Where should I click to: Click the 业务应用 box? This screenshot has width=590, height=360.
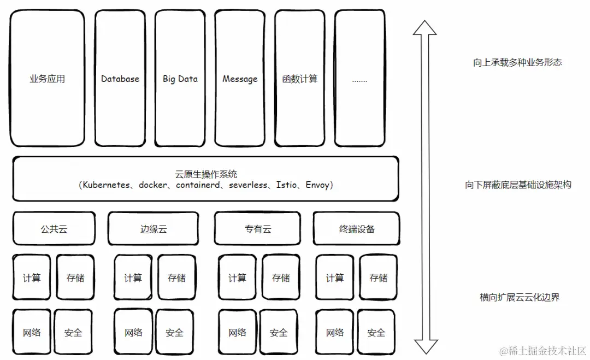48,79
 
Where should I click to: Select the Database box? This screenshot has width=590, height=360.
120,79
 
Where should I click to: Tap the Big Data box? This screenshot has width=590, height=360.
180,79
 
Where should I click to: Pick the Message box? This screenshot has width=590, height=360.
240,79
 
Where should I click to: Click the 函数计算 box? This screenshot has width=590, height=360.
300,79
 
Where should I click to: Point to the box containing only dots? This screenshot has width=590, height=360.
359,79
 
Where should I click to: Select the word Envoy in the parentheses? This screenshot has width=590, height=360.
317,185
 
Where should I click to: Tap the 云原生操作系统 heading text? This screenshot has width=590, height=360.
206,175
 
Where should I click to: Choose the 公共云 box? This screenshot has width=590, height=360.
54,229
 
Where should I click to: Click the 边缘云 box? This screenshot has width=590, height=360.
154,229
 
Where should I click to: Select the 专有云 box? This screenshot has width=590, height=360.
258,229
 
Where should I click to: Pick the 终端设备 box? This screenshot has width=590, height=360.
357,229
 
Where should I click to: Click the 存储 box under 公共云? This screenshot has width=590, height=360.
75,278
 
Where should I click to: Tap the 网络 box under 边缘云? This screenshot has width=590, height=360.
133,332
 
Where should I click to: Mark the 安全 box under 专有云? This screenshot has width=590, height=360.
279,332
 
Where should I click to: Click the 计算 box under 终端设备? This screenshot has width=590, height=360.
335,278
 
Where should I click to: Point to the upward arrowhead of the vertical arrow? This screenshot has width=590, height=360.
425,27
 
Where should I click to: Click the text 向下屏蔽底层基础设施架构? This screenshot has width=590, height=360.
518,185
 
